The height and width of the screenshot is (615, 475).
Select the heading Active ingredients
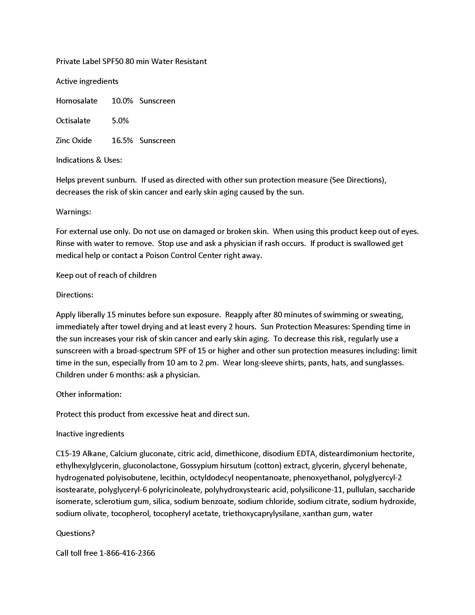87,81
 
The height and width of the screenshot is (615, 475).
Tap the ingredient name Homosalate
77,101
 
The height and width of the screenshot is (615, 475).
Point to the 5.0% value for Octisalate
120,121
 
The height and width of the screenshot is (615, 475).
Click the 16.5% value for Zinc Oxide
122,141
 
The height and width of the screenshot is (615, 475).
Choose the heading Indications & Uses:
89,160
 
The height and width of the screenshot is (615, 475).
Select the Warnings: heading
73,212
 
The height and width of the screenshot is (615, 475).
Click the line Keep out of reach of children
106,275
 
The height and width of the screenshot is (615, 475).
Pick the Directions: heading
75,295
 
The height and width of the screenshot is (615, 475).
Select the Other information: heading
89,394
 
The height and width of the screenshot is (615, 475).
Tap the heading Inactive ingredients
90,434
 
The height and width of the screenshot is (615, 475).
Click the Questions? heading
75,533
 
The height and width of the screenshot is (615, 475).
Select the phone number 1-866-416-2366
127,553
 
